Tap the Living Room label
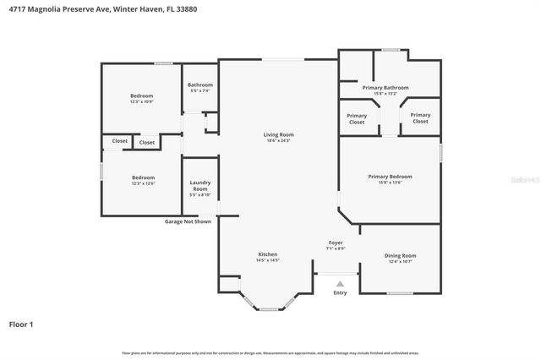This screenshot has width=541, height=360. (x=278, y=134)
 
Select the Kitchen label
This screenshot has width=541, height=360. (x=267, y=254)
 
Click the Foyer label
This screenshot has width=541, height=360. (x=336, y=243)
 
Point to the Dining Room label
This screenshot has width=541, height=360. (x=400, y=255)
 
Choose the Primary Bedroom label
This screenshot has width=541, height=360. (x=390, y=176)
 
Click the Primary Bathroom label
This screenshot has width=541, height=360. (x=385, y=87)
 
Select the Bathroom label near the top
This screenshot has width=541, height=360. (x=200, y=85)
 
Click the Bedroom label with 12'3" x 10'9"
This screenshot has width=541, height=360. (x=142, y=95)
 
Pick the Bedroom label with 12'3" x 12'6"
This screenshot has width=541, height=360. (x=142, y=177)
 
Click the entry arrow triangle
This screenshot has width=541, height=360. (x=340, y=284)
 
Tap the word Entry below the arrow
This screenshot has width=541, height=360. (x=340, y=293)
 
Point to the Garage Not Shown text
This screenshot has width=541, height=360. (x=188, y=221)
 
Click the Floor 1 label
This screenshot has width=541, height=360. (x=21, y=324)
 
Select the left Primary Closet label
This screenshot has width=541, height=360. (x=357, y=118)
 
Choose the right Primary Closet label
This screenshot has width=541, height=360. (x=420, y=118)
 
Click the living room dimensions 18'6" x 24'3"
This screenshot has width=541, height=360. (x=278, y=140)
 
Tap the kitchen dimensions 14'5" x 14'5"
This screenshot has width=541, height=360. (x=267, y=260)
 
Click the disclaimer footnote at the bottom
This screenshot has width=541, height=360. (x=270, y=352)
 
